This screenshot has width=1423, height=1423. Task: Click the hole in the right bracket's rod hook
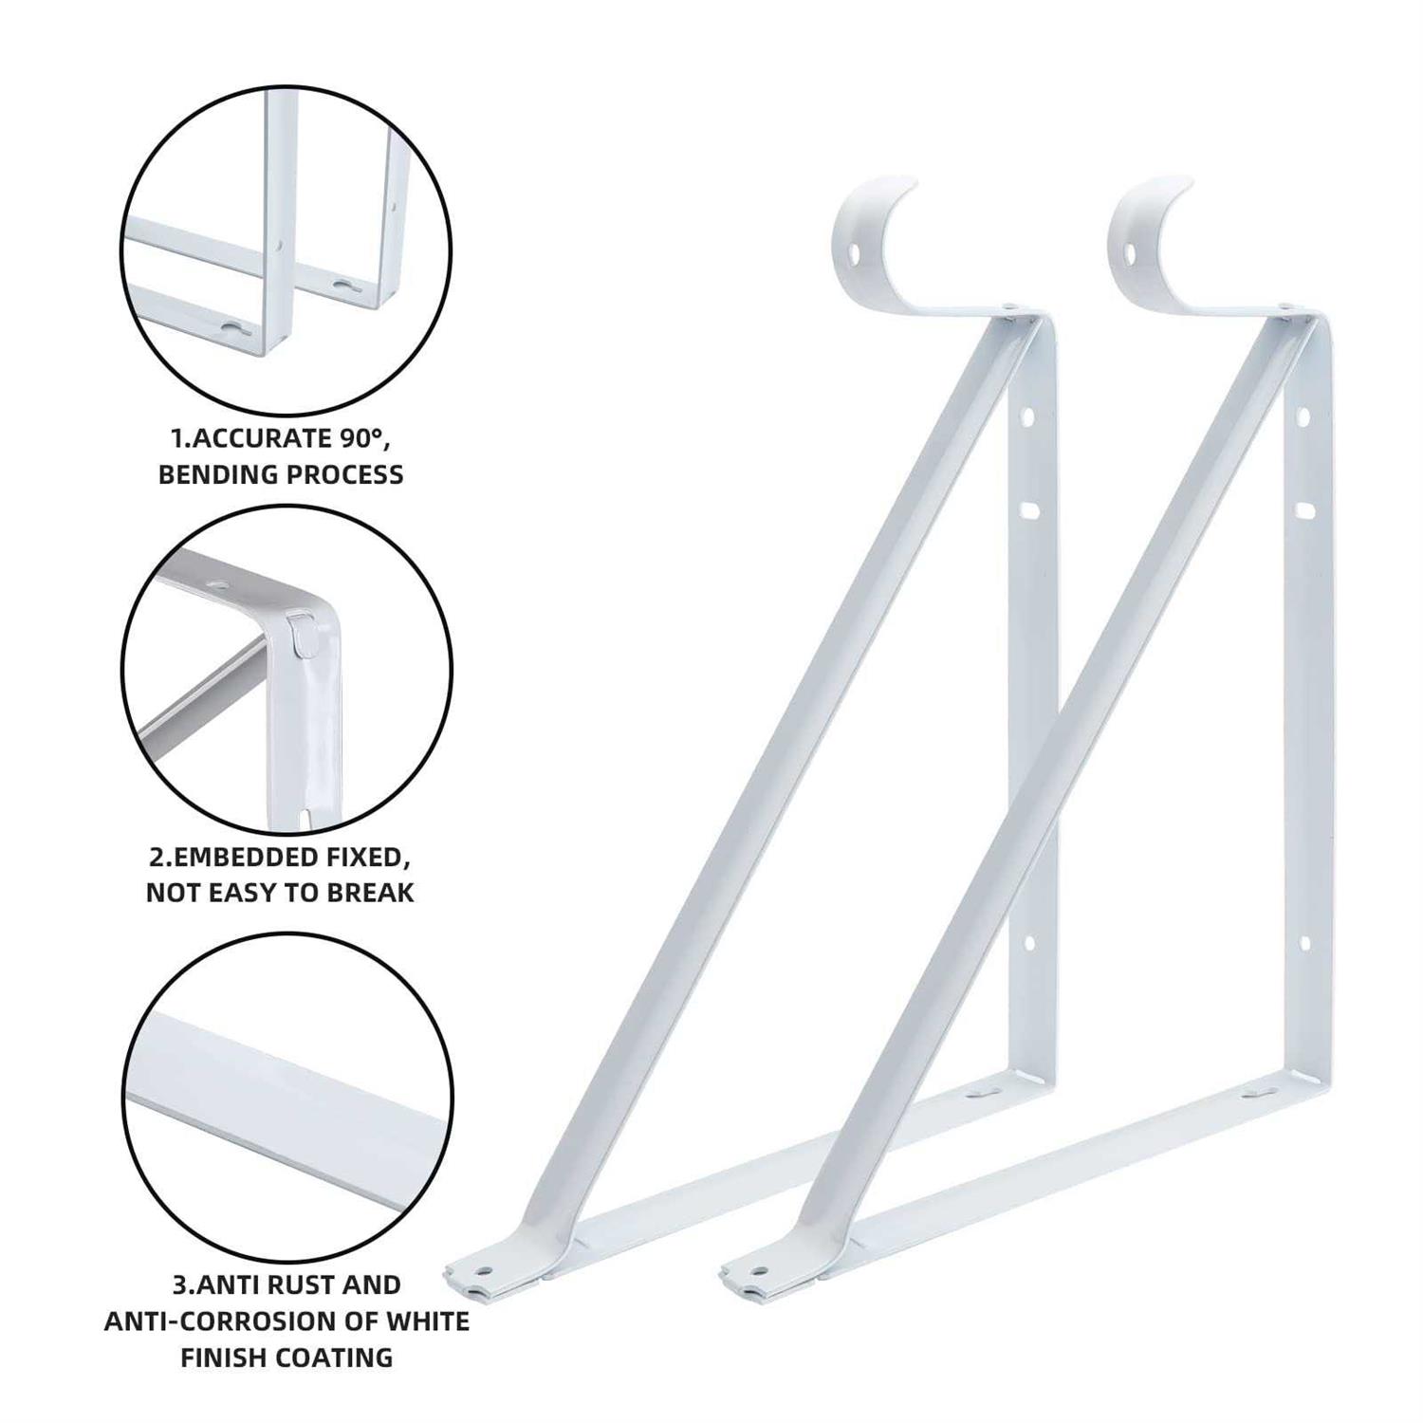click(1131, 253)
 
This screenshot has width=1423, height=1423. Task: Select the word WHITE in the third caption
click(427, 1321)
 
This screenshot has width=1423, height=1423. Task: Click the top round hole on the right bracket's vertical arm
click(1303, 416)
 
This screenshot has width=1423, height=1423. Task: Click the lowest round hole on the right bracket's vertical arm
click(1304, 943)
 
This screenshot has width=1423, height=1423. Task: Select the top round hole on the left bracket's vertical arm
click(1026, 416)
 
